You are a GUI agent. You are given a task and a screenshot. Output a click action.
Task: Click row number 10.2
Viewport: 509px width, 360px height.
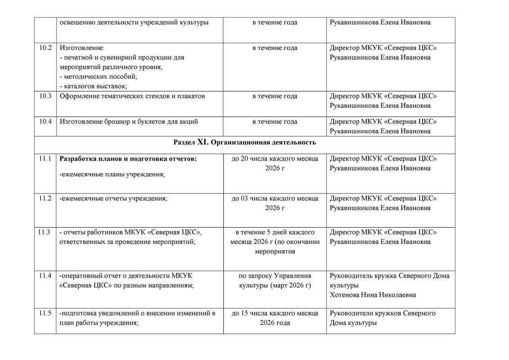(x=45, y=48)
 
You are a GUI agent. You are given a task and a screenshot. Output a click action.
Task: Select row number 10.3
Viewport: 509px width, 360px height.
(x=45, y=96)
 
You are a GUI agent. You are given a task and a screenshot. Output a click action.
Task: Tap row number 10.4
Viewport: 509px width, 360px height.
(x=45, y=121)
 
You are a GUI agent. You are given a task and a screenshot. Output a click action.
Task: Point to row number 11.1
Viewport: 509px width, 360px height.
(x=45, y=158)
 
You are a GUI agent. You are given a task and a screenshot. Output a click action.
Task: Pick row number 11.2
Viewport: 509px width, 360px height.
(x=45, y=198)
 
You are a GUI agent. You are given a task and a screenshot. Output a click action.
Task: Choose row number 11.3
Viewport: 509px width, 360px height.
(x=45, y=232)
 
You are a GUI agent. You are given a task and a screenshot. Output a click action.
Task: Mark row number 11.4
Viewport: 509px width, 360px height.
(x=45, y=275)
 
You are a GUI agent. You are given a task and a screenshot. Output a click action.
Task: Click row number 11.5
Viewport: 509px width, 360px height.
(x=45, y=313)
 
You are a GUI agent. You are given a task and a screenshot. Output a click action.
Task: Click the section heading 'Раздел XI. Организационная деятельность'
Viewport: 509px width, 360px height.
(x=245, y=143)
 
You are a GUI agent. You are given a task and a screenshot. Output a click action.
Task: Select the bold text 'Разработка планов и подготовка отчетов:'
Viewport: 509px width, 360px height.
(x=128, y=158)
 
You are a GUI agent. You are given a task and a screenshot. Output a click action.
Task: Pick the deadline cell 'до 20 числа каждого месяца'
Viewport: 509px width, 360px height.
(x=275, y=158)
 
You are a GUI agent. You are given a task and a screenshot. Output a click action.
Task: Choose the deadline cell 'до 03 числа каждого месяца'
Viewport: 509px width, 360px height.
(x=275, y=198)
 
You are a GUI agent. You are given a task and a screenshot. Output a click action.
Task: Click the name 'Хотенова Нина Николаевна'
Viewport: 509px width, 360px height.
(x=372, y=295)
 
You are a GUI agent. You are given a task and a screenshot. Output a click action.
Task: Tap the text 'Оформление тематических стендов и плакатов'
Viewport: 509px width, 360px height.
(x=132, y=96)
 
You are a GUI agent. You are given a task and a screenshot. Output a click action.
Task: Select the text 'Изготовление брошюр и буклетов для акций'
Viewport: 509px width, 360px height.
(x=129, y=121)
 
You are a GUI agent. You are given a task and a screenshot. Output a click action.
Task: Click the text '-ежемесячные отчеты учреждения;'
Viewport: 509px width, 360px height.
(x=113, y=198)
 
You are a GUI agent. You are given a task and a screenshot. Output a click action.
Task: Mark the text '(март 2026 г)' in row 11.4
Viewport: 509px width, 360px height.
(x=290, y=285)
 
